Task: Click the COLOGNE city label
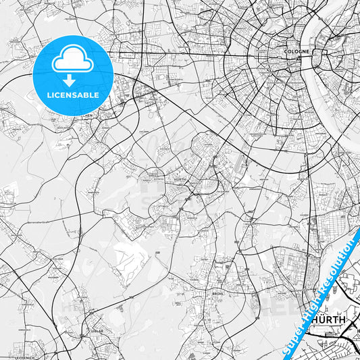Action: pos(297,50)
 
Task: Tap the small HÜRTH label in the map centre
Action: pos(180,180)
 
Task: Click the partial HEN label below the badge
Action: pos(88,115)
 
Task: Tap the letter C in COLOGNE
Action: pos(286,50)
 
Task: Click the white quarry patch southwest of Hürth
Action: pos(128,257)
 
